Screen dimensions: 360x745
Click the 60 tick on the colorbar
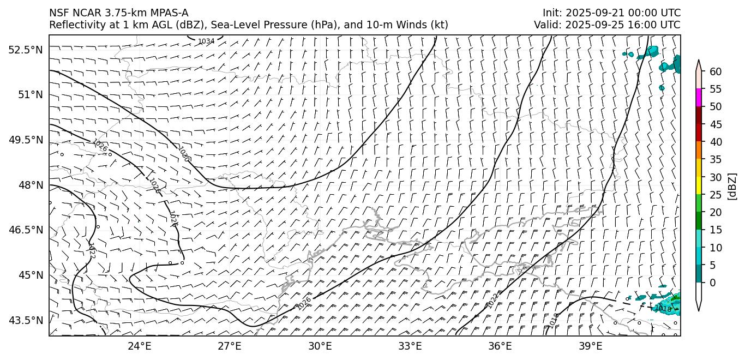pos(716,71)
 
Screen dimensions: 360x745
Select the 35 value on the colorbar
pos(716,159)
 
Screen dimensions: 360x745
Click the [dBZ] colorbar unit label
pos(732,186)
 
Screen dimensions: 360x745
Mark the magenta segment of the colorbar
pos(698,98)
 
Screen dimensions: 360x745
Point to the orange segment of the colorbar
pos(698,151)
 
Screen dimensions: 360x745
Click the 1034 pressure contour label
pos(206,41)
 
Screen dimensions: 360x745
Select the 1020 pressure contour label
pos(184,154)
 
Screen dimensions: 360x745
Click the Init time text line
pos(611,13)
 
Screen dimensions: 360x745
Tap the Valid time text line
pos(607,25)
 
